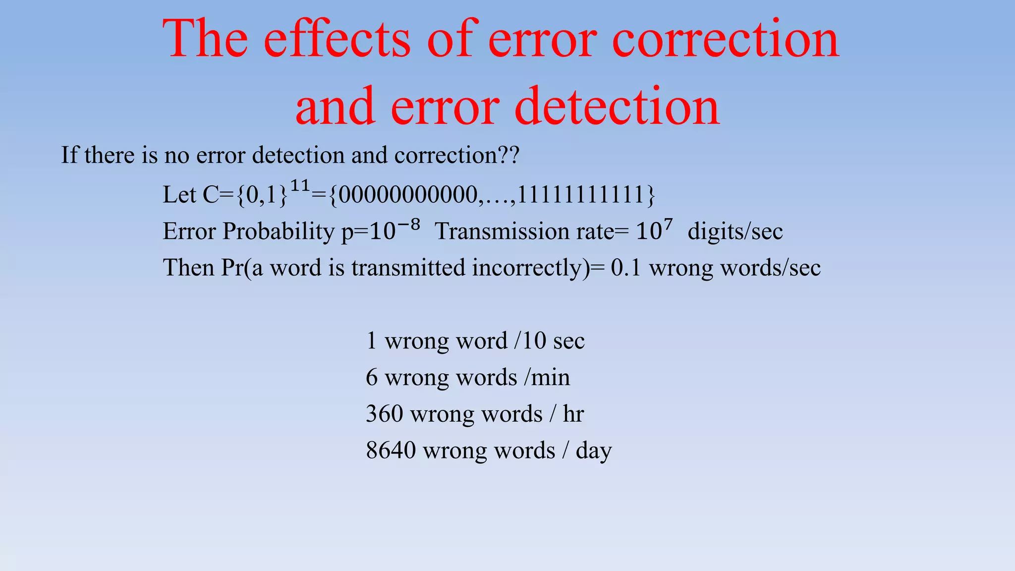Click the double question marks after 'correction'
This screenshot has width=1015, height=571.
pos(508,155)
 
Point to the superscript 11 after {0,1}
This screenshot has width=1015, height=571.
pos(300,186)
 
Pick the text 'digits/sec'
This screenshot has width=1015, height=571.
pos(735,231)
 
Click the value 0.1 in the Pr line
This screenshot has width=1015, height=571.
pos(625,268)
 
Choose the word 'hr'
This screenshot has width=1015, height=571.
pos(573,414)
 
